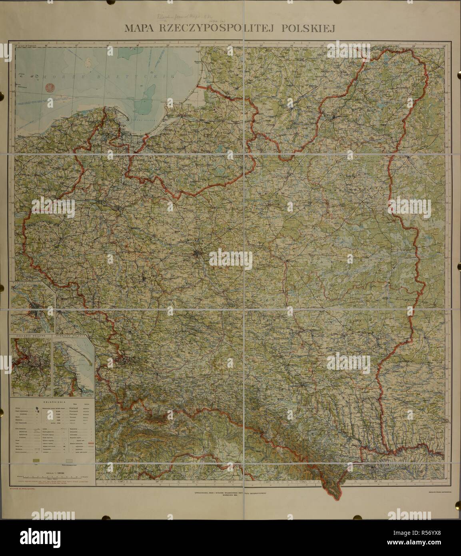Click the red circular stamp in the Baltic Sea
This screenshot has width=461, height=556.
click(50, 88)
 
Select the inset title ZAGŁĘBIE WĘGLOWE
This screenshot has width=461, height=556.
click(30, 336)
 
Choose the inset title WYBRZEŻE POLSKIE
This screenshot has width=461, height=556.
click(72, 336)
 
